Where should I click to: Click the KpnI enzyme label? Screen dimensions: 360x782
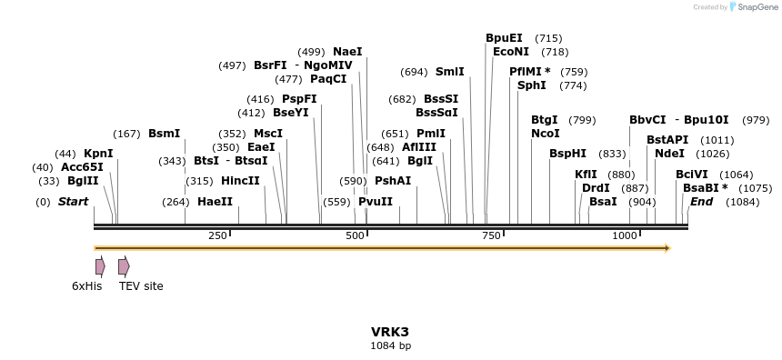point(98,154)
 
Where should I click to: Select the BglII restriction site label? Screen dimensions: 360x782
point(82,181)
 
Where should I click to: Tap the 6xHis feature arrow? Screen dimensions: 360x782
point(100,266)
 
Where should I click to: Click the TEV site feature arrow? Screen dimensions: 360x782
point(124,266)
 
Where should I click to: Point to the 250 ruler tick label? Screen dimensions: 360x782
point(217,236)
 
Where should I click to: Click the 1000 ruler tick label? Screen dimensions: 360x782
point(625,236)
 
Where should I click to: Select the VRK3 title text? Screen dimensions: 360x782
point(390,332)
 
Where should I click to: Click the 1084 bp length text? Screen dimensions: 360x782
point(390,345)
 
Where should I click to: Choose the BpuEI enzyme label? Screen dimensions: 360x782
point(504,38)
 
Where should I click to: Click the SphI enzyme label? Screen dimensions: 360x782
point(531,85)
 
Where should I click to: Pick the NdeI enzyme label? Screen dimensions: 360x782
point(669,154)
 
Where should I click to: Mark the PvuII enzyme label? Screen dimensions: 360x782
point(376,202)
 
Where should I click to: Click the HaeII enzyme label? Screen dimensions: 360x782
point(215,202)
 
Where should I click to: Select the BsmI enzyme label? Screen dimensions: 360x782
point(164,134)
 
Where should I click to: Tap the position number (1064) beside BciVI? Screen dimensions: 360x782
point(736,175)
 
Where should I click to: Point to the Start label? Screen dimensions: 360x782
point(73,202)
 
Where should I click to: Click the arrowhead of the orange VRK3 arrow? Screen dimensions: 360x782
point(667,247)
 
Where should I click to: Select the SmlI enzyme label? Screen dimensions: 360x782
point(449,72)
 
